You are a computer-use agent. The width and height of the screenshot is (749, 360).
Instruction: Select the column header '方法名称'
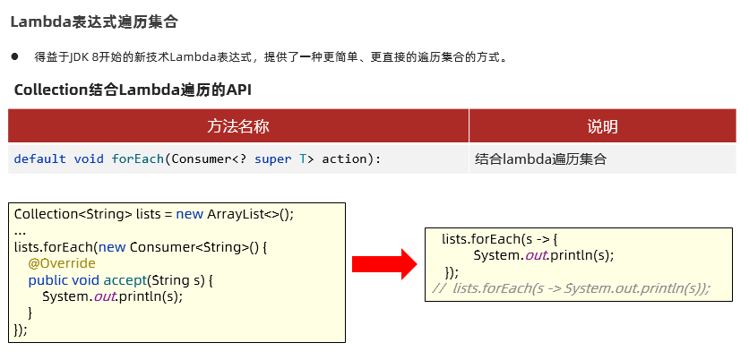tap(237, 126)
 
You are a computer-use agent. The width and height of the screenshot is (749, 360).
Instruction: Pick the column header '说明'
tap(602, 126)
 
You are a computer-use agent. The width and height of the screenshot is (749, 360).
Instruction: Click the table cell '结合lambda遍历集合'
tap(541, 159)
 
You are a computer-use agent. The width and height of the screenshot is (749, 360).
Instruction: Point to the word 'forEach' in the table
tap(137, 159)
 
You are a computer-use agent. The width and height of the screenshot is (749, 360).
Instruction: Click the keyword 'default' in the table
tap(39, 159)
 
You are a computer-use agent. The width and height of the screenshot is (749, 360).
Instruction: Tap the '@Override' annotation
tap(61, 264)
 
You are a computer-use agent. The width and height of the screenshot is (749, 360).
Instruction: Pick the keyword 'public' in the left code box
tap(47, 280)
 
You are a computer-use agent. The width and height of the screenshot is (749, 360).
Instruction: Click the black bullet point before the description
tap(15, 56)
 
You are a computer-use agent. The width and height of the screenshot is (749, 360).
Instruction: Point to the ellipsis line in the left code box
tap(20, 231)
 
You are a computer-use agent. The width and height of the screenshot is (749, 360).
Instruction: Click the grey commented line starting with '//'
tap(571, 287)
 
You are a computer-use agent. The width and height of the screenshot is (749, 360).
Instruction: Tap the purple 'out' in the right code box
tap(536, 255)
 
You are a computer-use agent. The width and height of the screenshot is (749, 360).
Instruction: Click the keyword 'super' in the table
tap(272, 159)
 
